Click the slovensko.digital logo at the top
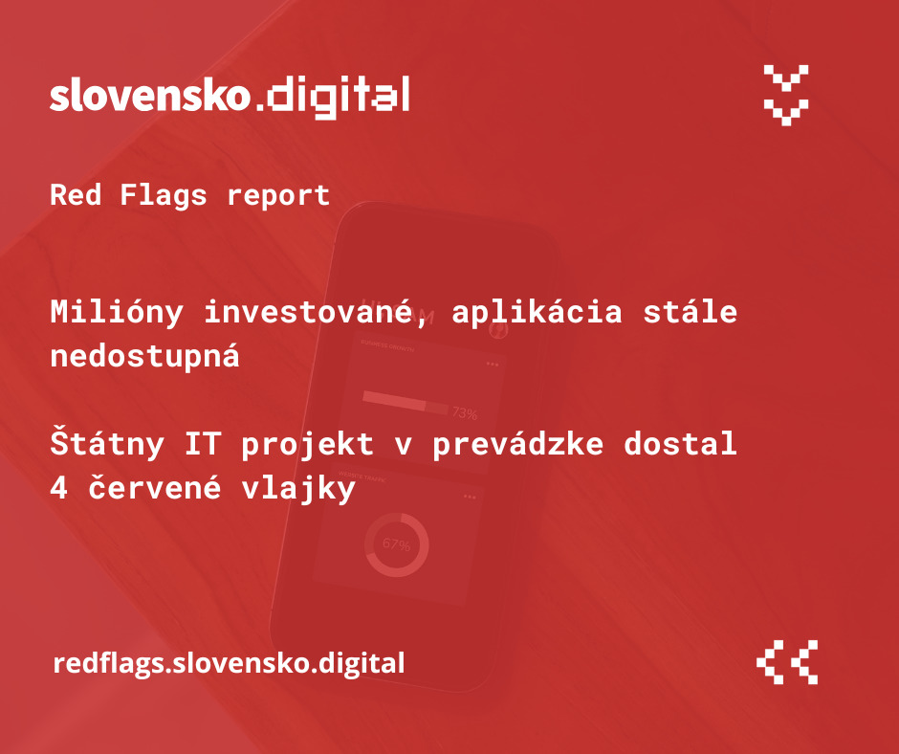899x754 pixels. tap(230, 97)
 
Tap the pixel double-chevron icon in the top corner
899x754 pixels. tap(786, 96)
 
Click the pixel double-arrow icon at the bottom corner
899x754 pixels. tap(787, 662)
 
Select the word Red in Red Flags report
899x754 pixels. tap(76, 194)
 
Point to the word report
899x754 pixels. tap(278, 196)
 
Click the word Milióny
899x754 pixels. tap(117, 313)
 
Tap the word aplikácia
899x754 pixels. tap(537, 313)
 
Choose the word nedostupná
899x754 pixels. tap(145, 357)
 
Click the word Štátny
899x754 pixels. tap(107, 444)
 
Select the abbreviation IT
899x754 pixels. tap(203, 444)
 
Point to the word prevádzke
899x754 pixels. tap(517, 444)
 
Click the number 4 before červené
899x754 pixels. tap(59, 488)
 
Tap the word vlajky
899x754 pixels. tap(298, 490)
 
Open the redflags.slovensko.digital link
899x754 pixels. tap(229, 663)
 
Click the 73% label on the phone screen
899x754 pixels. tap(465, 413)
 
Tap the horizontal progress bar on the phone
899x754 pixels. tap(406, 401)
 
